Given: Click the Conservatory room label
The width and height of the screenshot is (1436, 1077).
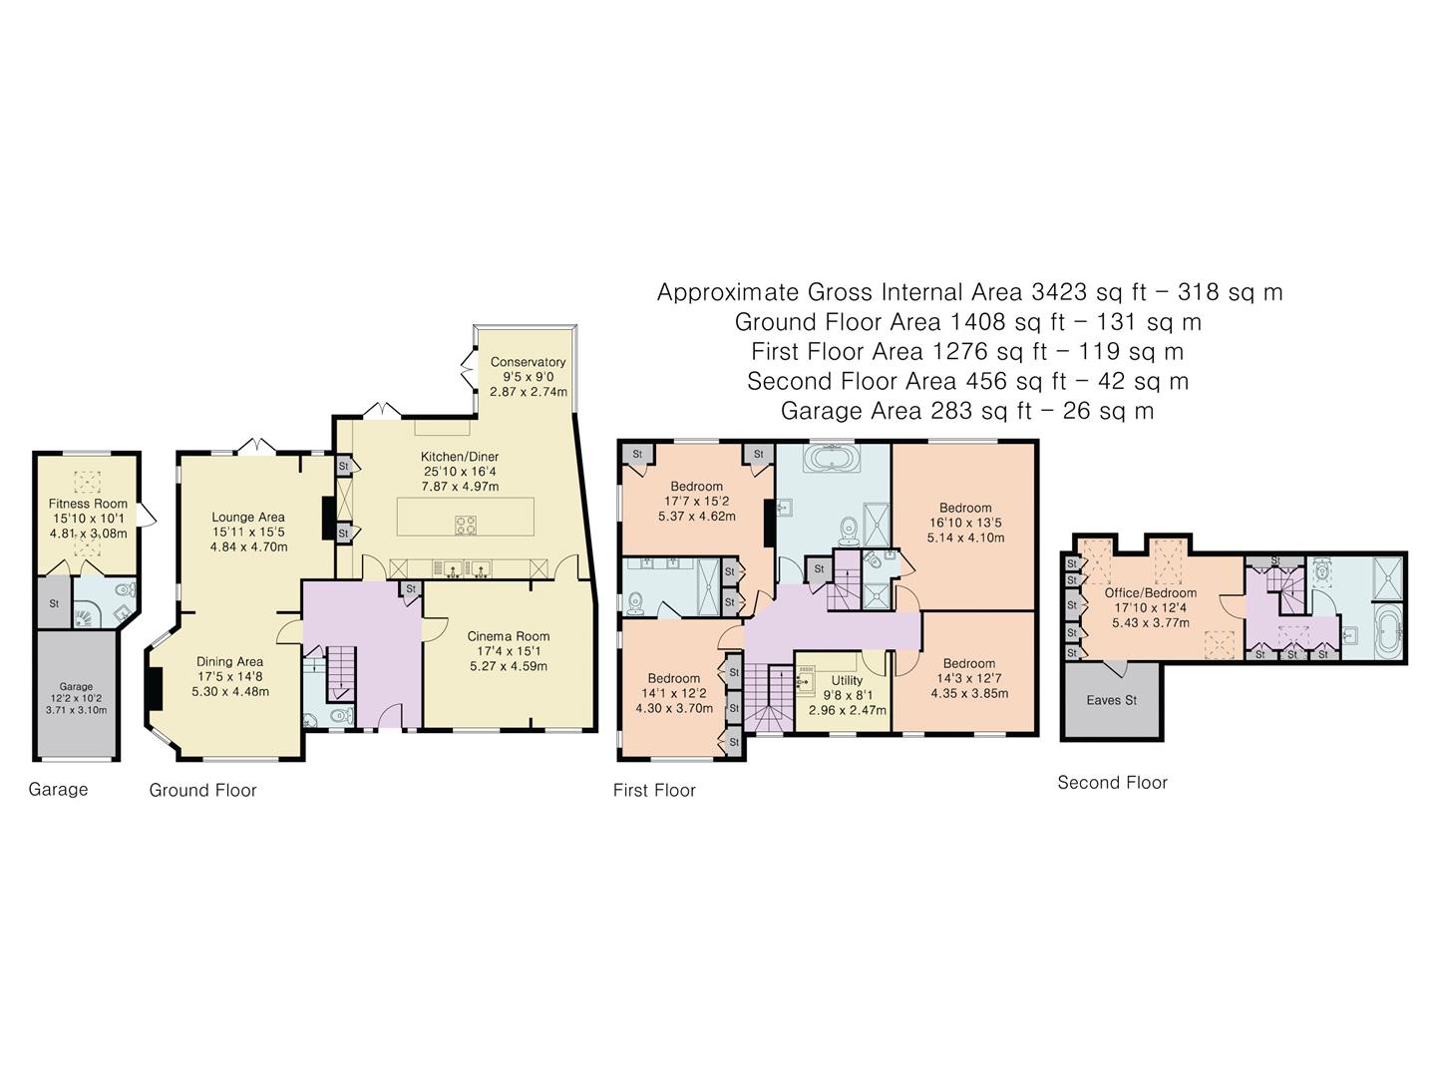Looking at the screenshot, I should pos(528,362).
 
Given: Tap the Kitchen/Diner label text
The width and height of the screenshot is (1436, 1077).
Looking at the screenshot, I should pos(459,457).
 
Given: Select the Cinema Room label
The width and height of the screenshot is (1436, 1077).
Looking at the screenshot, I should pos(508,636).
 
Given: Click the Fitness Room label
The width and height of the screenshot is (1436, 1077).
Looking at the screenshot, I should pos(88,504).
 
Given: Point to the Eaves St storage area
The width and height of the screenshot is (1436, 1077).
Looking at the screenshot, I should pos(1111,700).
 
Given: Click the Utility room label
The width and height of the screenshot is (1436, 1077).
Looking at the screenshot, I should pos(847,680).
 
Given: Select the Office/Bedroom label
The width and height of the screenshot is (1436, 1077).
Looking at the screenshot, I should pos(1150,592).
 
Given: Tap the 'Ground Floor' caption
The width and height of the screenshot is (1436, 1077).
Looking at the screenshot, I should pos(202,790).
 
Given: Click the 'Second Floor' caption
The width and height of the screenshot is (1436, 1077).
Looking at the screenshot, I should pos(1112,783).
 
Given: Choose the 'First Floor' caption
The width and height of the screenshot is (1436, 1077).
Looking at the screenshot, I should pos(654,790).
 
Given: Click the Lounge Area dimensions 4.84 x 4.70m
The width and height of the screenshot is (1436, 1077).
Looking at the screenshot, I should pos(248,546).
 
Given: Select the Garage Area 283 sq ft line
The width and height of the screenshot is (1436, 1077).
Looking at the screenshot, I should pos(966,411).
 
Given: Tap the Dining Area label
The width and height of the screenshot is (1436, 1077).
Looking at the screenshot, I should pos(229,661).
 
